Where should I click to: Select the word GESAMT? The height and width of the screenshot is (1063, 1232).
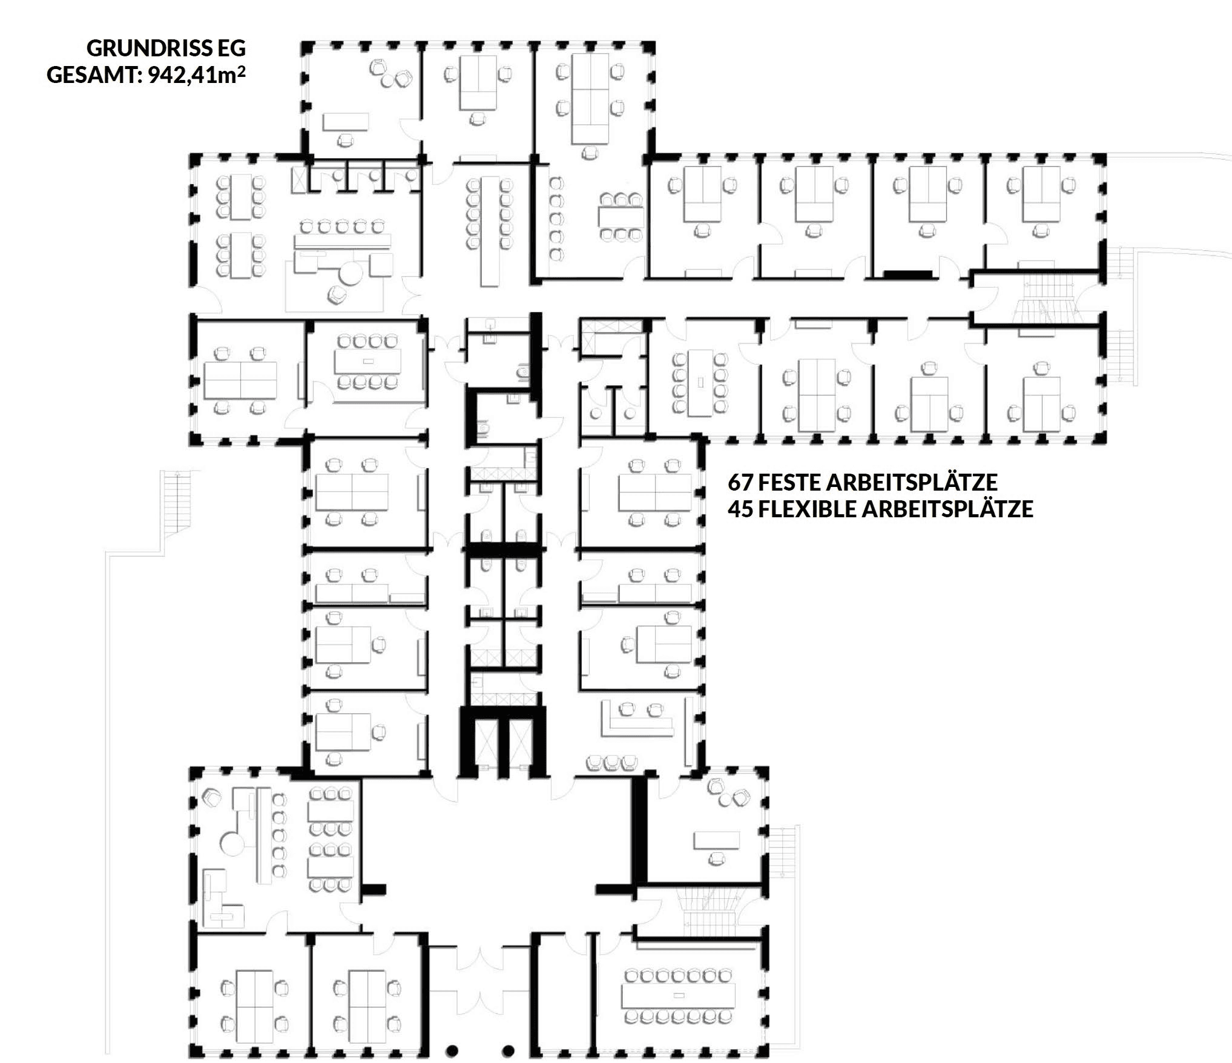[x=94, y=76]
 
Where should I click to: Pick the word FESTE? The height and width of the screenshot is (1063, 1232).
[x=789, y=482]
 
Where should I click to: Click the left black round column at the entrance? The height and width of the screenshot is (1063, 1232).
[x=452, y=1050]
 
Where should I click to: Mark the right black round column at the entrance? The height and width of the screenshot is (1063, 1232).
[x=509, y=1050]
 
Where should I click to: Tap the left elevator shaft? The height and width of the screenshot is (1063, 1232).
[x=486, y=743]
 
